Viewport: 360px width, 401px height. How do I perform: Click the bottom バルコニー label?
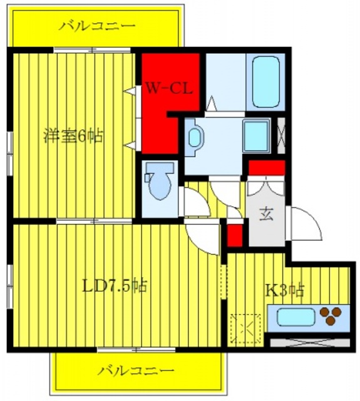135,370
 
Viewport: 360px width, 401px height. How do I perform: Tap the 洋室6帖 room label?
73,135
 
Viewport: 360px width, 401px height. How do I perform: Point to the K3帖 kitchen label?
285,290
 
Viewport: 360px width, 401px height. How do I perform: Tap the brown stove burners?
331,316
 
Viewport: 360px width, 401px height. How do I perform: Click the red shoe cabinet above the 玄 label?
267,168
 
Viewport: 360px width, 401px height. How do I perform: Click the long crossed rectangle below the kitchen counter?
309,343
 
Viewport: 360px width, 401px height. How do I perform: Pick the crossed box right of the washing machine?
281,134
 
